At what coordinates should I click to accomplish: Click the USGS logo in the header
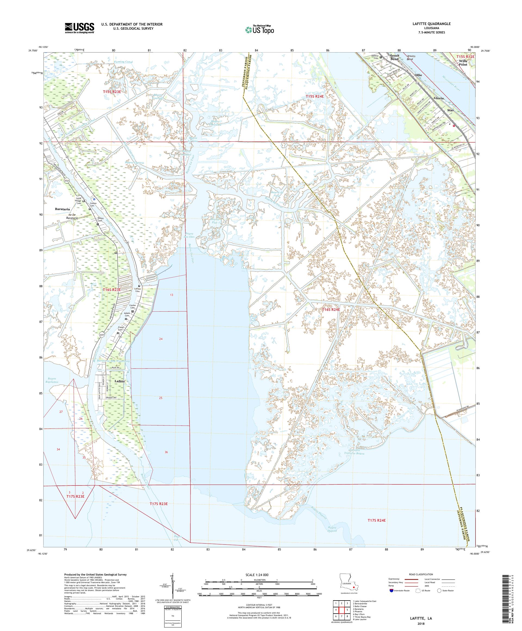click(80, 28)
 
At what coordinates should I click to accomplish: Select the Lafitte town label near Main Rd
click(120, 381)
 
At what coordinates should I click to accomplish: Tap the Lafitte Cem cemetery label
click(138, 290)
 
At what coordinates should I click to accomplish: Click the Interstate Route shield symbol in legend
click(391, 590)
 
